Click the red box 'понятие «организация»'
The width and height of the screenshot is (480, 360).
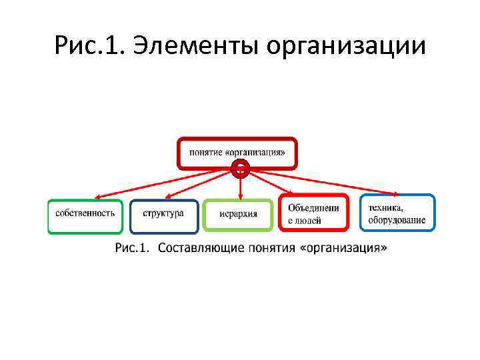click(x=237, y=152)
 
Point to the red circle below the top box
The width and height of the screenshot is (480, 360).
click(x=241, y=169)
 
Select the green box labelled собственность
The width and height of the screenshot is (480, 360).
click(x=85, y=215)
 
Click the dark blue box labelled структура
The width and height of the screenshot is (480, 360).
click(x=163, y=215)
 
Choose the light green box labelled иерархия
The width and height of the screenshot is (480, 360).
click(x=238, y=215)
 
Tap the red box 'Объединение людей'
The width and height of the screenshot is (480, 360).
click(x=313, y=213)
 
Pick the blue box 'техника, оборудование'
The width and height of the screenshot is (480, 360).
click(x=397, y=213)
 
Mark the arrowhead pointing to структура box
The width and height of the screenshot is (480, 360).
click(x=167, y=197)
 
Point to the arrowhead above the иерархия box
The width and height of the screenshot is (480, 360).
click(x=239, y=197)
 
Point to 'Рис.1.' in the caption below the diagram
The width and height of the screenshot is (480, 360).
click(x=130, y=247)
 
